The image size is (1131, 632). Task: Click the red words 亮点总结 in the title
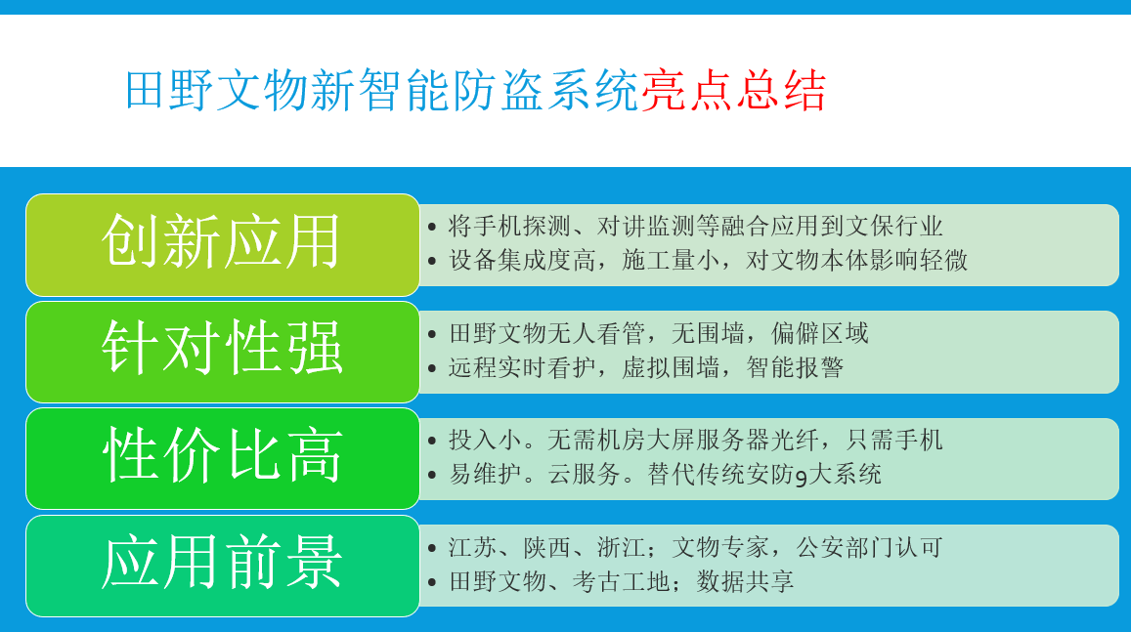(x=733, y=91)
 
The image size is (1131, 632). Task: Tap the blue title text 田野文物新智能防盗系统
(x=382, y=91)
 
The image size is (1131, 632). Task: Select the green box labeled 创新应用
(x=222, y=245)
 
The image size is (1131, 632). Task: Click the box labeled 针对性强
(x=222, y=352)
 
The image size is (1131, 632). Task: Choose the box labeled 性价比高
(x=222, y=458)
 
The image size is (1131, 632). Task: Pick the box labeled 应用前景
(x=222, y=566)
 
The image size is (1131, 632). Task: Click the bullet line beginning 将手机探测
(x=695, y=227)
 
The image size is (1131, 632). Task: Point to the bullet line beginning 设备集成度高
(x=709, y=260)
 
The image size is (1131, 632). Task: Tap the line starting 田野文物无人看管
(x=659, y=333)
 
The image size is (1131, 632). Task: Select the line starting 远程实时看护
(x=645, y=367)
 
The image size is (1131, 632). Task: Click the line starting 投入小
(x=695, y=440)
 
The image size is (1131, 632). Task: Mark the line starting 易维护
(x=665, y=474)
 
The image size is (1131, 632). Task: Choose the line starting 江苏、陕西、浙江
(x=695, y=548)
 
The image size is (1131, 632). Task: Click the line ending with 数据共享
(x=621, y=581)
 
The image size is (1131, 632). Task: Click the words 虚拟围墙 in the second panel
(x=670, y=367)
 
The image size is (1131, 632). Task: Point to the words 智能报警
(x=795, y=367)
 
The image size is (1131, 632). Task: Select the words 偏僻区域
(x=820, y=333)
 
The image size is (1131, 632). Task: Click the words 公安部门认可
(x=869, y=548)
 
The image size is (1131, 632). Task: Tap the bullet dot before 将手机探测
(x=432, y=227)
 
